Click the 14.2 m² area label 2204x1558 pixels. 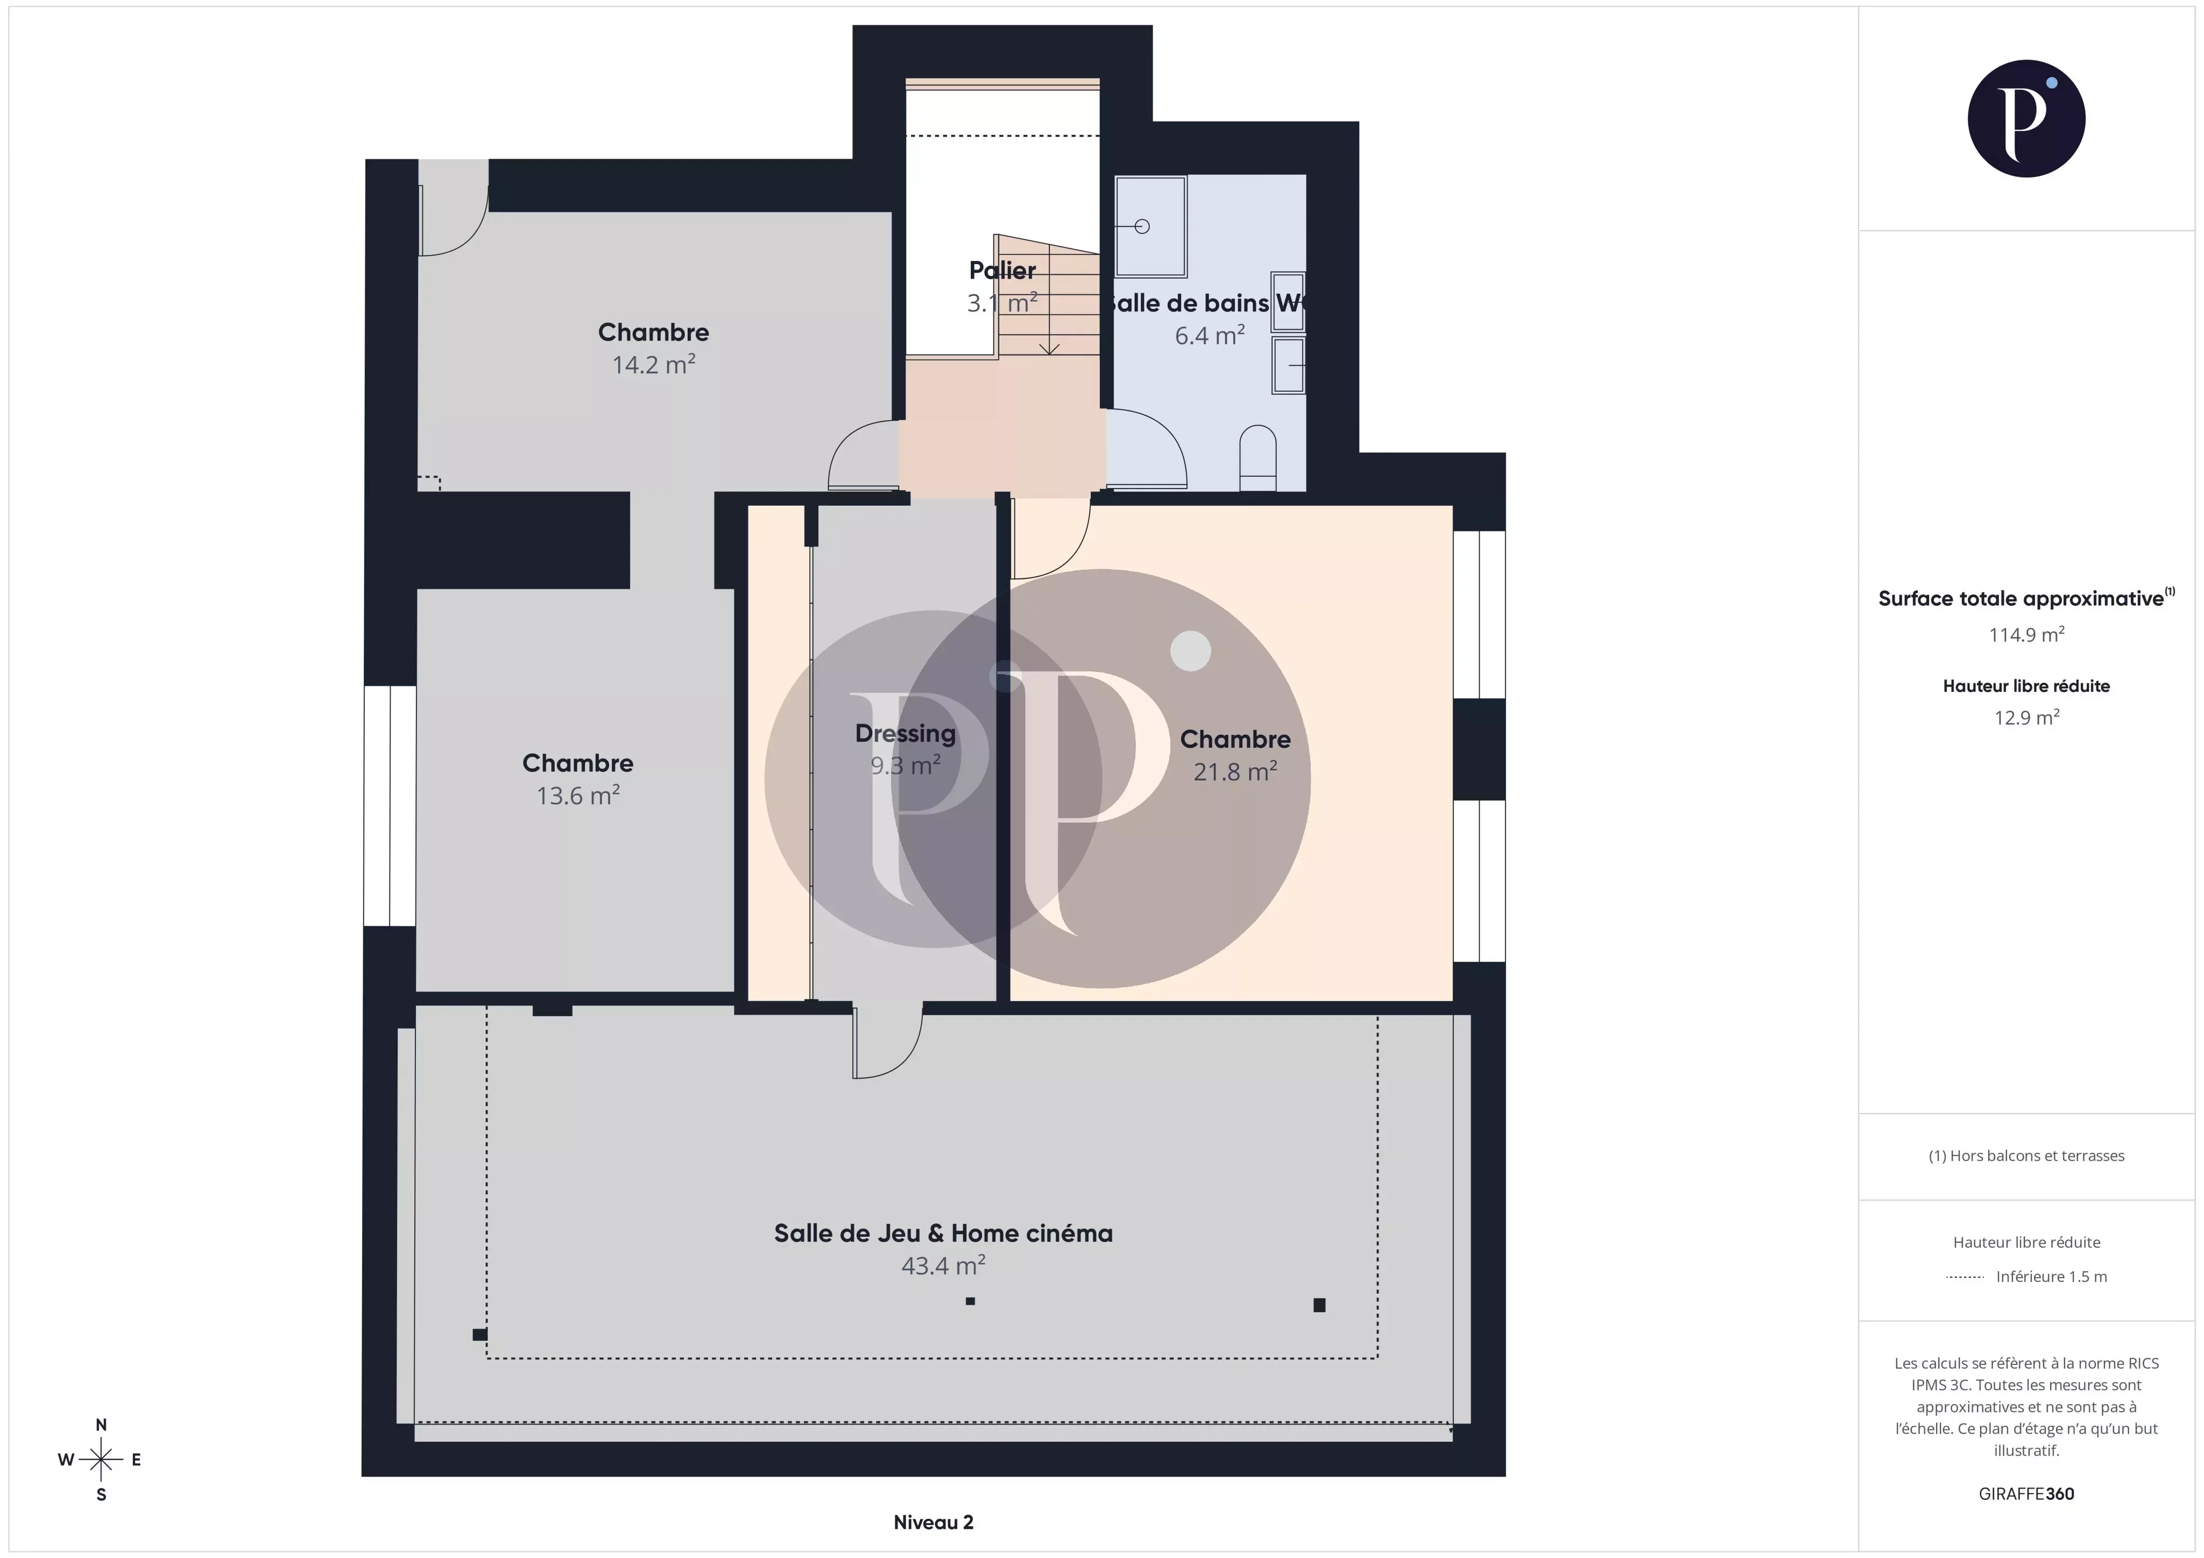coord(654,365)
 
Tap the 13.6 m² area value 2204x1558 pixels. coord(578,796)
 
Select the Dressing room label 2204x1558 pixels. coord(905,733)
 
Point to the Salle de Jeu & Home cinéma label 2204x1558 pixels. coord(943,1234)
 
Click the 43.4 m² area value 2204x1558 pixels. coord(943,1266)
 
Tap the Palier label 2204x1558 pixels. coord(1002,271)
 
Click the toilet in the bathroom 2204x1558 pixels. coord(1258,457)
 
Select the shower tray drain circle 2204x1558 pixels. coord(1141,226)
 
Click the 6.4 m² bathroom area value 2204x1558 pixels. coord(1210,336)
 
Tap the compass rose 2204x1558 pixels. coord(101,1460)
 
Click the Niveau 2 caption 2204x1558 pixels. coord(933,1521)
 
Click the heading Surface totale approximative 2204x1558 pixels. coord(2021,599)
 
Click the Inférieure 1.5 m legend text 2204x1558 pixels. coord(2051,1277)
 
